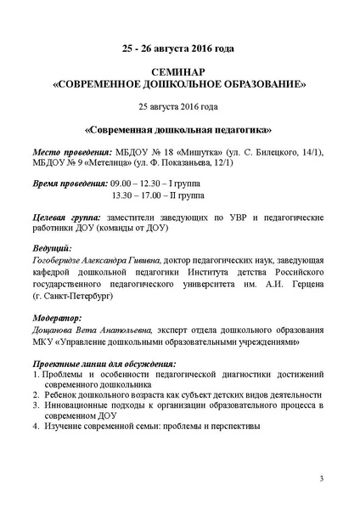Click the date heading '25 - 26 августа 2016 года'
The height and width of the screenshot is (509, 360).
(179, 48)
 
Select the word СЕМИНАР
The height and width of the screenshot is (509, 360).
(179, 74)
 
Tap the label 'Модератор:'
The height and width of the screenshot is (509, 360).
(57, 319)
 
